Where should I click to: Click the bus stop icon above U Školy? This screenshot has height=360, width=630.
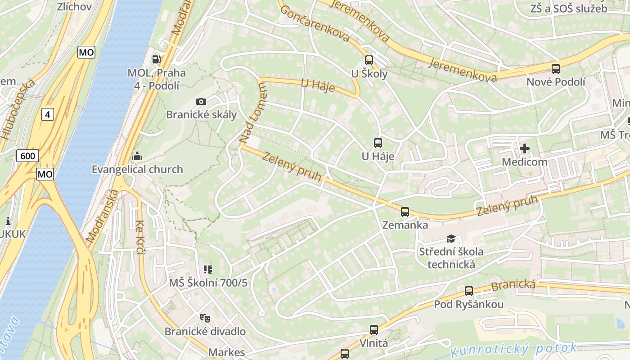pos(369,60)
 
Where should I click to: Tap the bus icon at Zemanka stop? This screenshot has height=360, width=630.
pos(405,211)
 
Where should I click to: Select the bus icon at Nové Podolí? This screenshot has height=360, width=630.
pos(556,68)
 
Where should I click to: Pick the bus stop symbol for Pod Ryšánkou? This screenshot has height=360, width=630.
pos(469,291)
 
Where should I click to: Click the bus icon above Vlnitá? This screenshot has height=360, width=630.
pos(373,330)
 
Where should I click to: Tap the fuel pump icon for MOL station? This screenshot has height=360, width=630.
pos(157,59)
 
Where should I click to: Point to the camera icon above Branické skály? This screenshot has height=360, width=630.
pos(201,101)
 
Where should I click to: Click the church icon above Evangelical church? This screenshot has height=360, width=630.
pos(137,157)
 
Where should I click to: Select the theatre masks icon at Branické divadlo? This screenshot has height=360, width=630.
pos(205,318)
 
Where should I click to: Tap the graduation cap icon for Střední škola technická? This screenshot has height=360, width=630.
pos(451,238)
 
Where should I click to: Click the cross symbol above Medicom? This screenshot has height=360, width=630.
pos(524,148)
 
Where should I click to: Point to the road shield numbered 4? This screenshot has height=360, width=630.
pos(47,114)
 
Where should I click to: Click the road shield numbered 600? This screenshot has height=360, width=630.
pos(27,156)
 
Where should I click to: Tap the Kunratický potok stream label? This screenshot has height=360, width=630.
pos(513,349)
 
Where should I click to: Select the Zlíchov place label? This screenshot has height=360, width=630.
pos(74,6)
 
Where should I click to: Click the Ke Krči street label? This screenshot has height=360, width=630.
pos(140,237)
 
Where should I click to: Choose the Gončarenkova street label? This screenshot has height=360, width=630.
pos(315,24)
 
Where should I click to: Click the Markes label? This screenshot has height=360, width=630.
pos(227,352)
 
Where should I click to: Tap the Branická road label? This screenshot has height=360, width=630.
pos(513,285)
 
